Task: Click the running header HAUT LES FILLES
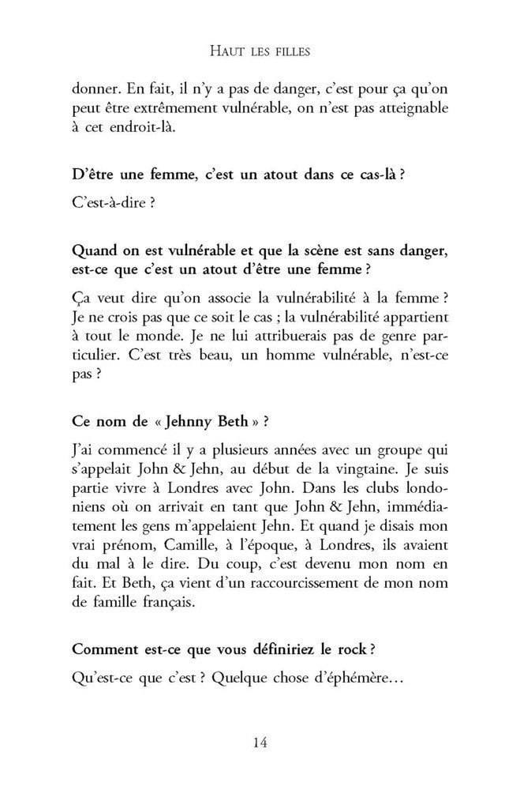(x=260, y=52)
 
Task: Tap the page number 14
(x=260, y=741)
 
